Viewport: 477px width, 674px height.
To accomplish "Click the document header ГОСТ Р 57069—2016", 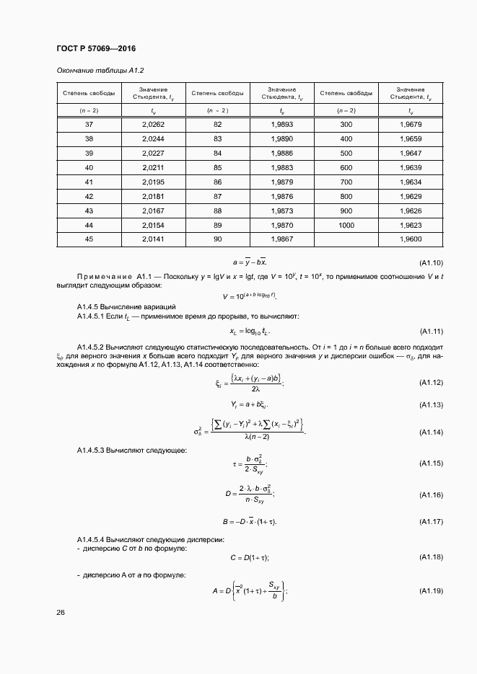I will point(95,48).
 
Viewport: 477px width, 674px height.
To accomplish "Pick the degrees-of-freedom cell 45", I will point(89,239).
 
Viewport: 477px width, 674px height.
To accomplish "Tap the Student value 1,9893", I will point(281,124).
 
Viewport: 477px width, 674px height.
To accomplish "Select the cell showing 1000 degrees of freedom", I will point(346,225).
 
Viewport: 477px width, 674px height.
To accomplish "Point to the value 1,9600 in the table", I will point(410,239).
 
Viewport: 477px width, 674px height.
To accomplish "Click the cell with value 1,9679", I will point(410,124).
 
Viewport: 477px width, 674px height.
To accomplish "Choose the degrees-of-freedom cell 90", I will point(217,239).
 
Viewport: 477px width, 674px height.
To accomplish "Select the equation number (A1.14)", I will point(431,432).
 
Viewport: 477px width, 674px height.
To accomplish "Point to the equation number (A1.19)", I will point(431,591).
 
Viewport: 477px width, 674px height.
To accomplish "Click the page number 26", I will point(61,613).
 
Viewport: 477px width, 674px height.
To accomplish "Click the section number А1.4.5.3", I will point(91,451).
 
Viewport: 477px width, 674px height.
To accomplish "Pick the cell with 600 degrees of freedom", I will point(346,167).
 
